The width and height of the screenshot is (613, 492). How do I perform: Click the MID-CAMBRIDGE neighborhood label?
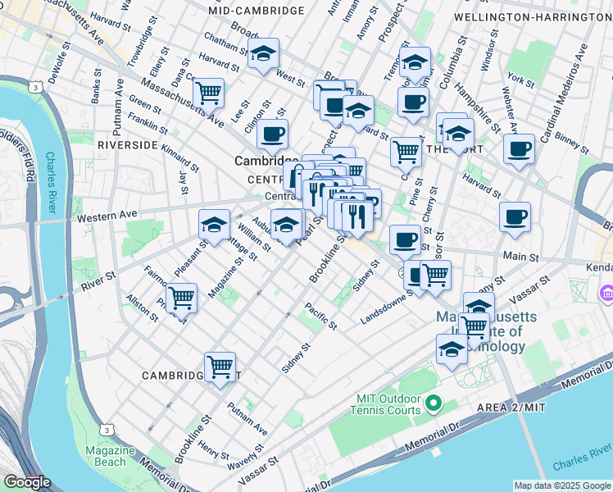[x=257, y=11]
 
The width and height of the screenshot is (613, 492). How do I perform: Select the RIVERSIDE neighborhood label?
[x=127, y=144]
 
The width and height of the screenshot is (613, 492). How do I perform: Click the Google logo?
[x=27, y=482]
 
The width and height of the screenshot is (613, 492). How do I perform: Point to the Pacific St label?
[x=321, y=317]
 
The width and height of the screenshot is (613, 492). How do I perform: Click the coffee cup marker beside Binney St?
[x=519, y=150]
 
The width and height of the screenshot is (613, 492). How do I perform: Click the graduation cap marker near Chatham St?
[x=263, y=55]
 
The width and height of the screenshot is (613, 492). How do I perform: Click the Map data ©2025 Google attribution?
[x=562, y=485]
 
